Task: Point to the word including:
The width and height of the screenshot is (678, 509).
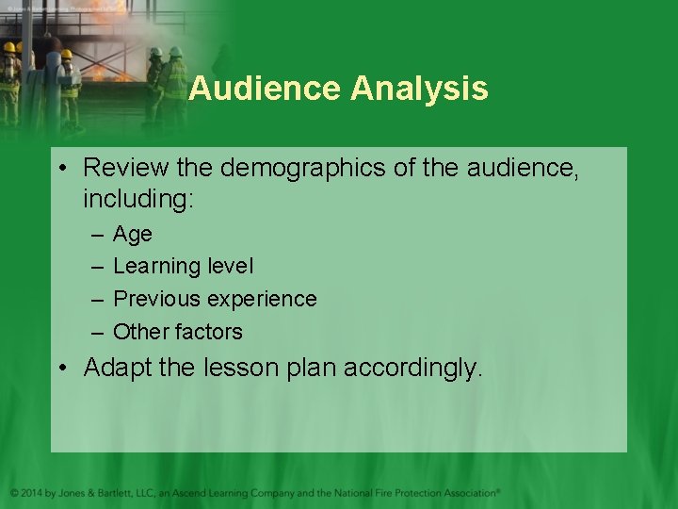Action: tap(137, 200)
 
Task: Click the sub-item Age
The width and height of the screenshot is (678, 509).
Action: tap(132, 234)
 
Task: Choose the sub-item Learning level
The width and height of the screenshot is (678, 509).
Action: tap(183, 267)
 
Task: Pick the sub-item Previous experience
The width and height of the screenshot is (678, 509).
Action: tap(215, 299)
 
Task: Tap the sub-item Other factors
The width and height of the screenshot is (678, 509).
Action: tap(177, 332)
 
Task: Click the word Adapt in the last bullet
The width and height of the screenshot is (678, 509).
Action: tap(117, 368)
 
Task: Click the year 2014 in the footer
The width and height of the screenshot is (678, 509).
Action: tap(34, 492)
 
